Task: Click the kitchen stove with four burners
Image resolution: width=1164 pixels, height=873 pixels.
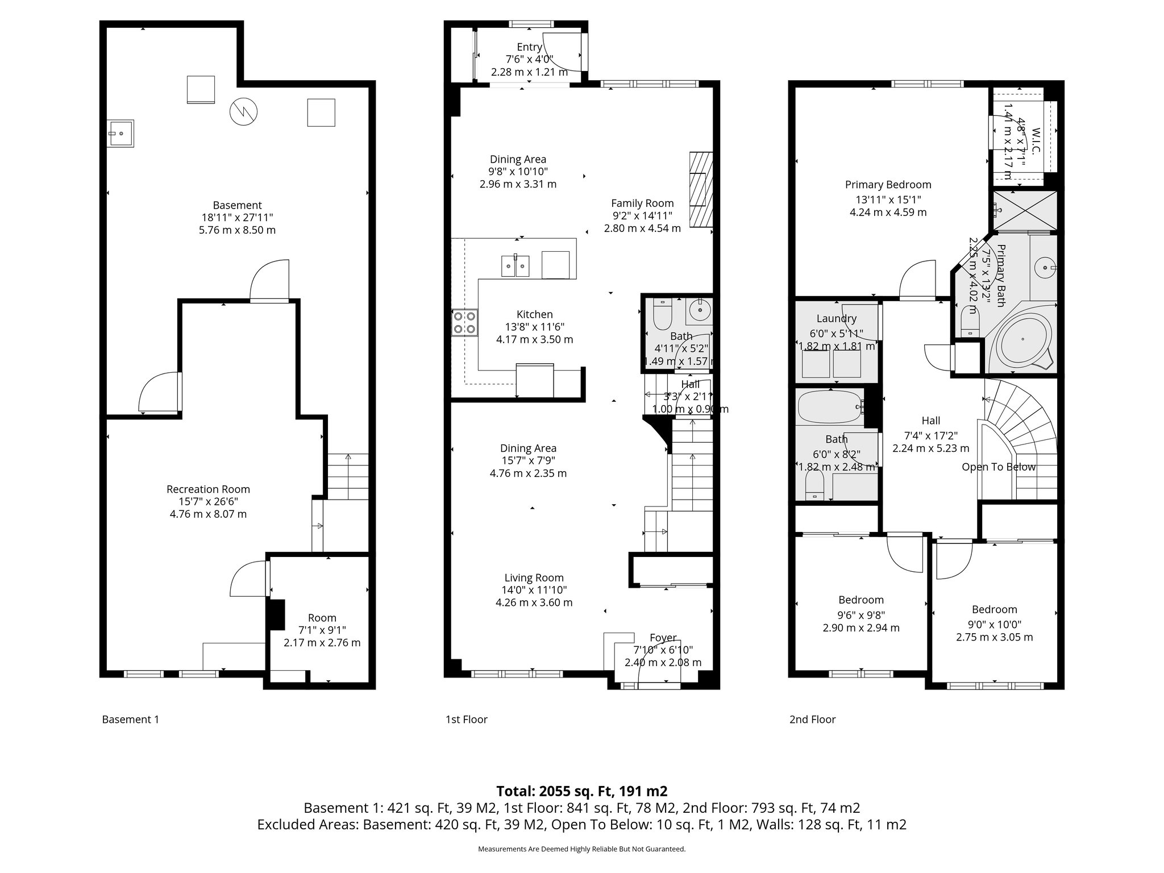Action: coord(465,322)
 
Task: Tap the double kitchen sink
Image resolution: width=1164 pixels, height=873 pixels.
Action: coord(515,266)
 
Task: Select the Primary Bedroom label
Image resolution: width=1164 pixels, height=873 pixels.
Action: coord(888,185)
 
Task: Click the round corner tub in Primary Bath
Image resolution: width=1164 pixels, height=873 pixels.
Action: coord(1022,339)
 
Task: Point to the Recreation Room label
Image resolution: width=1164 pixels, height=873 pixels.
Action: coord(208,489)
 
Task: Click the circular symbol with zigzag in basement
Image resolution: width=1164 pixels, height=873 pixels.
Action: coord(243,111)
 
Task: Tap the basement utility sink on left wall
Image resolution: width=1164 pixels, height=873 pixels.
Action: coord(120,134)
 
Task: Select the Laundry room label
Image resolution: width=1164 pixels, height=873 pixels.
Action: coord(836,319)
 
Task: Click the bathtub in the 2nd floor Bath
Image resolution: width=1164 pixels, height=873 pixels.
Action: coord(830,406)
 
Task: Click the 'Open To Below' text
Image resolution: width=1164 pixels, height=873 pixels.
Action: coord(998,467)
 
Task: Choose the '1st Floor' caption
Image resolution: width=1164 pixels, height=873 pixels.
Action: coord(466,720)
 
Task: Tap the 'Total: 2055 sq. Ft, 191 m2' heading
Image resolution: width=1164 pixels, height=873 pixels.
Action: coord(581,791)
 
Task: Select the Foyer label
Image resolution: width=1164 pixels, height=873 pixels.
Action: coord(663,638)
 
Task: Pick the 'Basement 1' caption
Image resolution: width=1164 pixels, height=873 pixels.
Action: coord(130,720)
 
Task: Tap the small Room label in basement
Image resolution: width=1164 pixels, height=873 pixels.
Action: coord(322,618)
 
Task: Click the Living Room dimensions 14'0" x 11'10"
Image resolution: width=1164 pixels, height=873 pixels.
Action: coord(534,591)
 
